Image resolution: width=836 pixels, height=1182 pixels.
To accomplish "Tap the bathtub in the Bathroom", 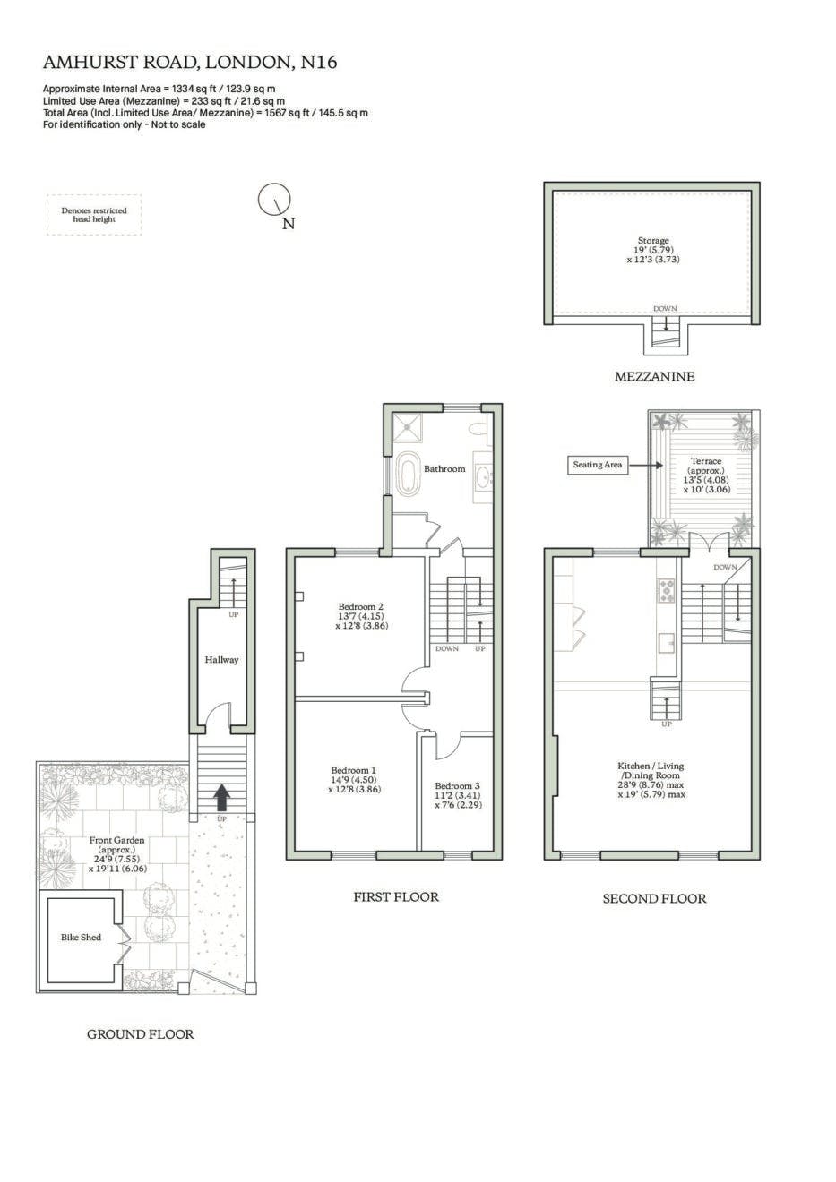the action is [x=407, y=472].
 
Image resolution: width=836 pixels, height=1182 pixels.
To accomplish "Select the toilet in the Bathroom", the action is [x=480, y=428].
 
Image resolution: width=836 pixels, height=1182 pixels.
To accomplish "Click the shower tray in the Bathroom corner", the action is [x=407, y=428].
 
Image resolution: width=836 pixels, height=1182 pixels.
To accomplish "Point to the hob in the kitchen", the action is [x=666, y=591].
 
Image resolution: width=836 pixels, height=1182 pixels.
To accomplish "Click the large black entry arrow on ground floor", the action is [x=222, y=797].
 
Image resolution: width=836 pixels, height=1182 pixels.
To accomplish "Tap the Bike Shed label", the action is [x=81, y=938].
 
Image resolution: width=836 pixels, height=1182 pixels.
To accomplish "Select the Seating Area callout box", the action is [x=598, y=465].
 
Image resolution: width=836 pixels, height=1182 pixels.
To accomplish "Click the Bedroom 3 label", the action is [x=457, y=785].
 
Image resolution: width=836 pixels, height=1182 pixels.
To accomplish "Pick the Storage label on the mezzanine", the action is [x=653, y=241].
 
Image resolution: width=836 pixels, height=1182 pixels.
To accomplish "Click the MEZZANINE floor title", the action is [x=654, y=377].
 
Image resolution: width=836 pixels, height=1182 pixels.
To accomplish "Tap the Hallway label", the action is [x=222, y=660].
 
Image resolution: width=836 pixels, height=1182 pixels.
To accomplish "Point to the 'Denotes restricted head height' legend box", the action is [x=94, y=215].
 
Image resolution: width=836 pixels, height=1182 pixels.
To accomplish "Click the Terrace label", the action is [x=706, y=460].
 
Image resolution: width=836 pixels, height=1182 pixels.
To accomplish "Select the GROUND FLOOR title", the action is [x=141, y=1033].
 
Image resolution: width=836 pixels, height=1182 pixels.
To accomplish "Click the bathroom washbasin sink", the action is [x=483, y=478].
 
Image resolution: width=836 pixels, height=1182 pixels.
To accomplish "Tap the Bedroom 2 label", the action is [x=361, y=607].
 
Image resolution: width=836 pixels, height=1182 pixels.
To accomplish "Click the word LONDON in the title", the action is [x=247, y=63].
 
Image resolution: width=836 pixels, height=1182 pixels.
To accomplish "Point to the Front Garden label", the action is [x=116, y=840].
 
